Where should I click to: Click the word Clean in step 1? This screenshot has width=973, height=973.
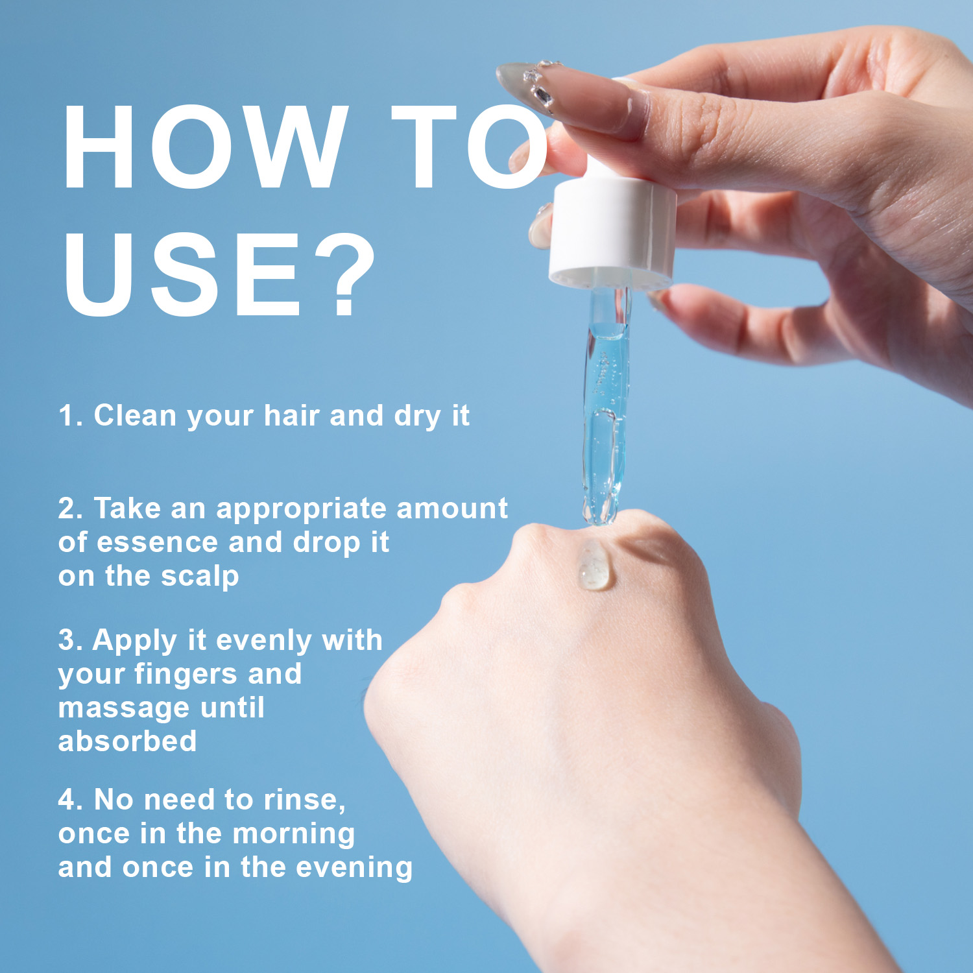click(x=135, y=415)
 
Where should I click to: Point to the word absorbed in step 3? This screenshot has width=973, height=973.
click(x=127, y=740)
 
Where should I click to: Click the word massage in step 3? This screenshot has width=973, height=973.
click(x=125, y=708)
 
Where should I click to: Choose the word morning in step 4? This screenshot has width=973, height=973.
click(x=293, y=835)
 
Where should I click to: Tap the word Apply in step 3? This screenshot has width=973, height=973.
click(x=135, y=641)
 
